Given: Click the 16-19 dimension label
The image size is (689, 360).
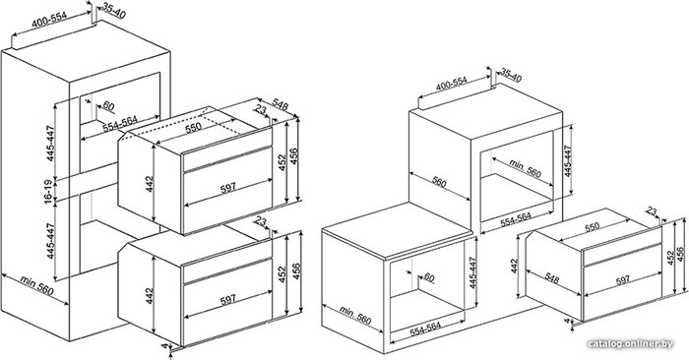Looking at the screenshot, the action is coord(49,192).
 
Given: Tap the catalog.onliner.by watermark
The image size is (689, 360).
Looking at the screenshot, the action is coord(630,343).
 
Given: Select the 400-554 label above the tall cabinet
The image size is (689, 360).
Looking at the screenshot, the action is coord(49,21).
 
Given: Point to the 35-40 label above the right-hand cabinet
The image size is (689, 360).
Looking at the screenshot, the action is coord(511,76).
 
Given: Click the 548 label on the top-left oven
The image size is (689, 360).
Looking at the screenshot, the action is coord(280,106).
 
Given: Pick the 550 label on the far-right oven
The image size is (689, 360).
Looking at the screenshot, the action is coord(592,227).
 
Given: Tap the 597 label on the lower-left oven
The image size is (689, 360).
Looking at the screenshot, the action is coord(228,299).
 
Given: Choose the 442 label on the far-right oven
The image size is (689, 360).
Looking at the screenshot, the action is coord(515,266).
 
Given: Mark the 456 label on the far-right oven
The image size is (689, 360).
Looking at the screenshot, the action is coord(680,256).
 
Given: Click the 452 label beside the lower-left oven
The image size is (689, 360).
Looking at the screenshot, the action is coord(282,274).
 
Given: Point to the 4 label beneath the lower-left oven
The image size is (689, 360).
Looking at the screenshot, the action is coord(164,346).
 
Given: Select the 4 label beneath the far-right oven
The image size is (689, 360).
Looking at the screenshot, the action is coord(567,322).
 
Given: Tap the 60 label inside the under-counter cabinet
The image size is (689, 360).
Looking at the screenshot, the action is coord(428,277).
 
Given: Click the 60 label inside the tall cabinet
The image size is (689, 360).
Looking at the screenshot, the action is coord(107,106).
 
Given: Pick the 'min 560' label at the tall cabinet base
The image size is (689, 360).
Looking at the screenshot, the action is coord(36,286).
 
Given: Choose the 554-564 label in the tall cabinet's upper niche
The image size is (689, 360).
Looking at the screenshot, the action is coord(120,124).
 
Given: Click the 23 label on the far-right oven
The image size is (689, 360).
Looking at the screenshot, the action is coord(652,211).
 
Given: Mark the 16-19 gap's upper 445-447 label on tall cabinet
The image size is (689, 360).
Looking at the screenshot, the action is coord(51,144).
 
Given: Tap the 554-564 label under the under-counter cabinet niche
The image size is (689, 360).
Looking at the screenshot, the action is coord(425,330).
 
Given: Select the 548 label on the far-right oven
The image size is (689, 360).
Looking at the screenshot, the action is coord(552,277).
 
